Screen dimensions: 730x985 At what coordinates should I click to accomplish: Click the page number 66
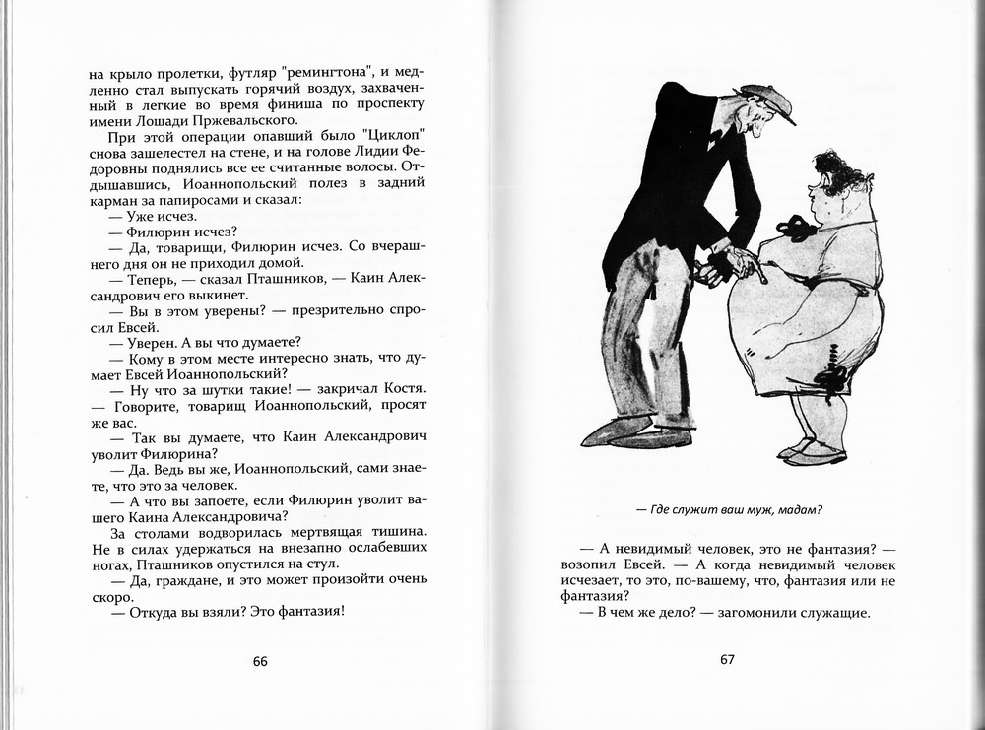pyautogui.click(x=260, y=661)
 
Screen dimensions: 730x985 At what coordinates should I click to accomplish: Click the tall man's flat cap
pyautogui.click(x=769, y=100)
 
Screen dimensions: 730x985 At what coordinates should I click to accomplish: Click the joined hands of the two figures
pyautogui.click(x=729, y=261)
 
